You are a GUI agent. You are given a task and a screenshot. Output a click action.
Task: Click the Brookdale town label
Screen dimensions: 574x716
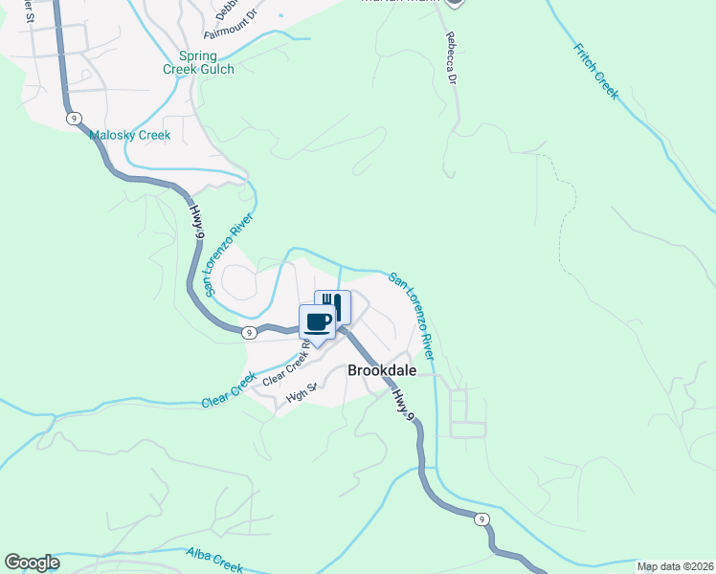tap(381, 369)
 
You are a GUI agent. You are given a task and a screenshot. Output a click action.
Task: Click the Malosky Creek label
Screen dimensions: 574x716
tap(130, 135)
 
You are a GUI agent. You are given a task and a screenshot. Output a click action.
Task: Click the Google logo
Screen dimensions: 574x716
tap(32, 563)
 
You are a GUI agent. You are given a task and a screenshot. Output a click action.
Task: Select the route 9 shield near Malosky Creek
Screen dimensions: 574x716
tap(74, 118)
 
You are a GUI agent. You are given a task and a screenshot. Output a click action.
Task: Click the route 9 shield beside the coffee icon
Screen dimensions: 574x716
tap(249, 332)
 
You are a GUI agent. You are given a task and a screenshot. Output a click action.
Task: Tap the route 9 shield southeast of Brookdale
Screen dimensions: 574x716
tap(481, 519)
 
